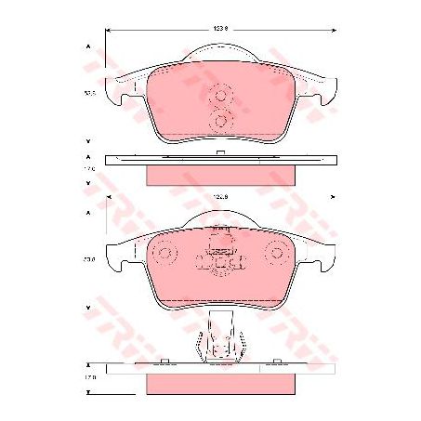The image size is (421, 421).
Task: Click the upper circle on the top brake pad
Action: click(x=221, y=95)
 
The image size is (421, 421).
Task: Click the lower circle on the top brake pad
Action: click(x=221, y=119)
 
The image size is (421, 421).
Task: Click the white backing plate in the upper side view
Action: click(x=220, y=161)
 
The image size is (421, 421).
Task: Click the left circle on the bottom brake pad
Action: click(x=165, y=252)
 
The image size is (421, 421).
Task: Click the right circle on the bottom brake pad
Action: click(x=276, y=252)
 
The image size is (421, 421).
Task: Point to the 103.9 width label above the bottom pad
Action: click(x=220, y=197)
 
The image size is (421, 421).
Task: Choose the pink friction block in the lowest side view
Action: click(x=220, y=382)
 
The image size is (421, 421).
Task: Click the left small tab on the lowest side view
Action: click(x=164, y=362)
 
